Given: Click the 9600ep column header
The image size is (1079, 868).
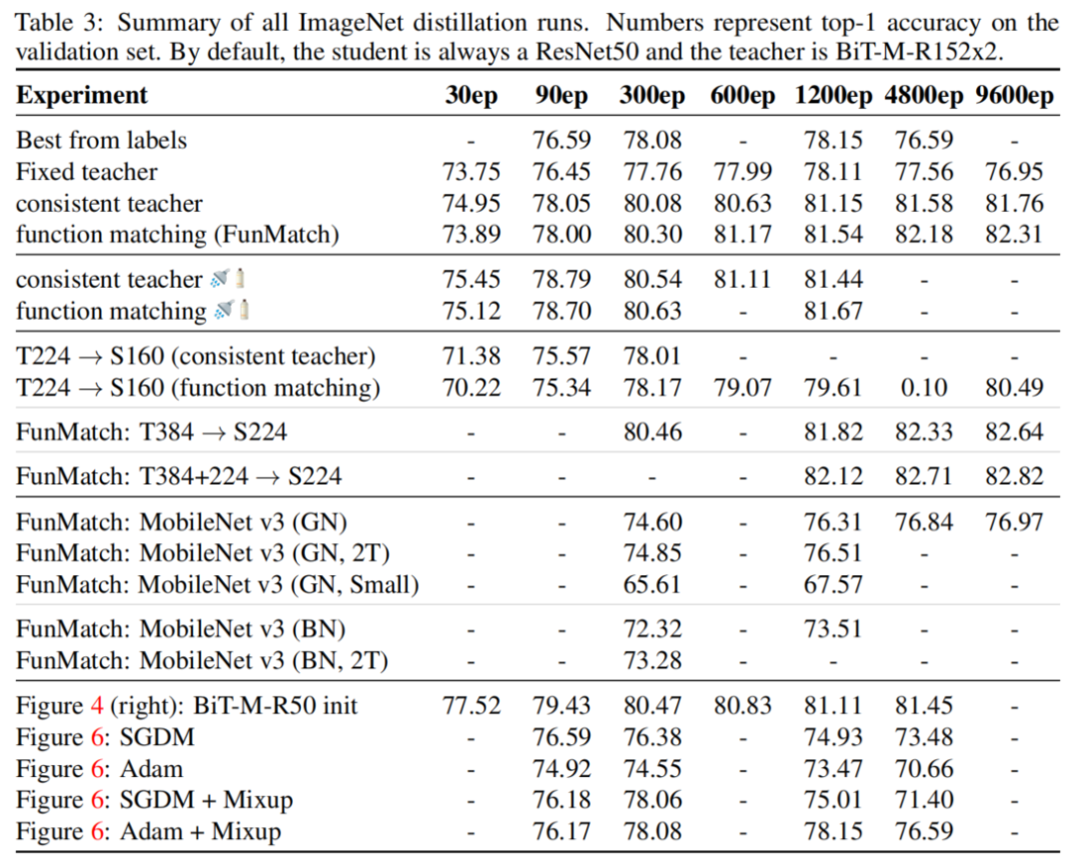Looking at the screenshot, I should (x=1013, y=96).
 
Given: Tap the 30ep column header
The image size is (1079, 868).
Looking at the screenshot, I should (x=471, y=96).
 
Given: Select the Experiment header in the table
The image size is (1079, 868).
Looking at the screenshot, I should (x=82, y=96).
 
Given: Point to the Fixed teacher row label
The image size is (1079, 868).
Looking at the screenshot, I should (x=86, y=172).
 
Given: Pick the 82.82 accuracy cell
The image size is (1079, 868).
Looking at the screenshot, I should (x=1013, y=475).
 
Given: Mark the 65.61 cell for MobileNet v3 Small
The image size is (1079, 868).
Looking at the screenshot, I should (x=652, y=583).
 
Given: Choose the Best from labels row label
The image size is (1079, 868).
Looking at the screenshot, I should (x=101, y=141).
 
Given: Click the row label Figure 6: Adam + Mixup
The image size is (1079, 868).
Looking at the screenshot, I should (x=148, y=831).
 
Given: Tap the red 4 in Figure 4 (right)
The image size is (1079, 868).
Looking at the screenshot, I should (x=97, y=706).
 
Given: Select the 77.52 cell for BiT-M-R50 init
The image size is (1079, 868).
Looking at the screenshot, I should (x=471, y=706).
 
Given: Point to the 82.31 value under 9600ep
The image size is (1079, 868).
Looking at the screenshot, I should (x=1013, y=234).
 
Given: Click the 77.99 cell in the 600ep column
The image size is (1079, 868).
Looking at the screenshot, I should (x=741, y=172).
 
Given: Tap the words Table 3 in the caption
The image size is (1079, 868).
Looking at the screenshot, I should (x=57, y=22).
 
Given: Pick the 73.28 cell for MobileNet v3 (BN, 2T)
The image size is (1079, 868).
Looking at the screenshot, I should (x=652, y=660).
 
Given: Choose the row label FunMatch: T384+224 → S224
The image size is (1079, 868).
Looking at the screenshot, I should (x=178, y=475).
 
